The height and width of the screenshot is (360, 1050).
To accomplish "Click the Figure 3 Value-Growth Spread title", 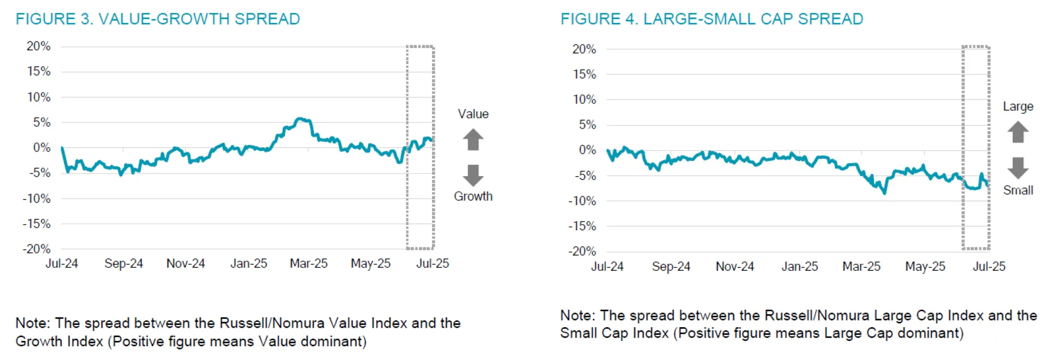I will [157, 19].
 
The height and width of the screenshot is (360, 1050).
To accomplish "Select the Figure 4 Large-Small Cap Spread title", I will [711, 19].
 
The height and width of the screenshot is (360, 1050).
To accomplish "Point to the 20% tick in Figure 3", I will [38, 47].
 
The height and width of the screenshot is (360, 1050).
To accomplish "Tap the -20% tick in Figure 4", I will [582, 252].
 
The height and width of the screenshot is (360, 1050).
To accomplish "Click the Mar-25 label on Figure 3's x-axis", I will [308, 264].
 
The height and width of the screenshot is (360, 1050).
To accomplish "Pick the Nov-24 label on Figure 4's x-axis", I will [734, 267].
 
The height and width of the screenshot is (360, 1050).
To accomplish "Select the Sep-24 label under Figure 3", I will [124, 264].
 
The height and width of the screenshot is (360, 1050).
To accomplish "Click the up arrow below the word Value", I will [473, 140].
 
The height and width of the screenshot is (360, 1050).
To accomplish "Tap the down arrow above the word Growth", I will [473, 175].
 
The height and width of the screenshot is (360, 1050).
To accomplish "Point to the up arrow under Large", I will [1018, 132].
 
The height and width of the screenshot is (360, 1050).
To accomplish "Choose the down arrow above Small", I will [1018, 168].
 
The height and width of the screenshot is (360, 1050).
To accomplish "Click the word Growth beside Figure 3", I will [473, 196].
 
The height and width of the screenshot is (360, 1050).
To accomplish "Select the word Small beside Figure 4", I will [1018, 190].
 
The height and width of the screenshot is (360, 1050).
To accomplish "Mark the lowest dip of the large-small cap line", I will [884, 193].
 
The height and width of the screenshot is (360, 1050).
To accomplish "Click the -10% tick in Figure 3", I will [37, 199].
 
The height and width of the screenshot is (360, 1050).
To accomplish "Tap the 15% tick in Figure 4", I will [584, 74].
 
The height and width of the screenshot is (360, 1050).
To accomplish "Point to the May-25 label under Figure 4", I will [925, 267].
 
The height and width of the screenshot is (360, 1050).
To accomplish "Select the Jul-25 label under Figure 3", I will [433, 264].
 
